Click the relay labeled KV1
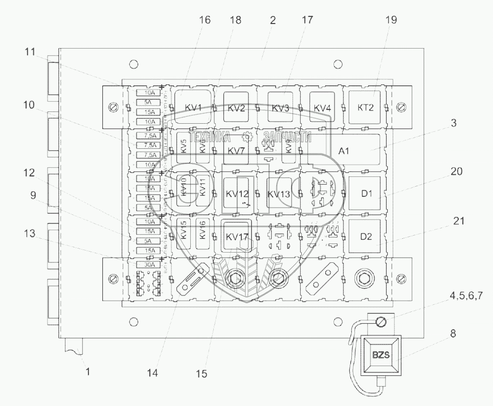coord(192,107)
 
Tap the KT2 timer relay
coord(365,107)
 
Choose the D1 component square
coord(365,194)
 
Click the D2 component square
coord(365,237)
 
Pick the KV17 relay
coord(236,237)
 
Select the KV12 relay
coord(236,194)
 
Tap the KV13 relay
coord(279,194)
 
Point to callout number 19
coord(391,20)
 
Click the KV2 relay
coord(236,107)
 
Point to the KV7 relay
coord(236,150)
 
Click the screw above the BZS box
coord(380,323)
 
